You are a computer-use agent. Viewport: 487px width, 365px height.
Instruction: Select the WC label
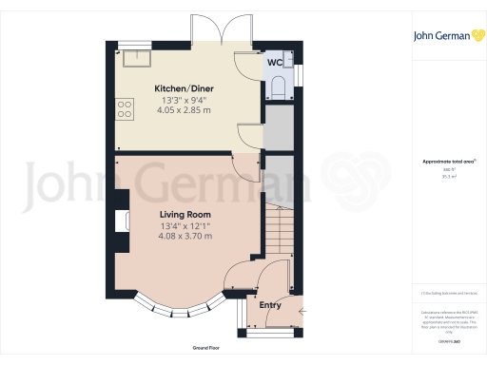point(274,63)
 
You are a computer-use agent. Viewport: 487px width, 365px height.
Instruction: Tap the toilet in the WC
point(277,88)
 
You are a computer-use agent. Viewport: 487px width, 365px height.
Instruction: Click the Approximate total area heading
point(442,162)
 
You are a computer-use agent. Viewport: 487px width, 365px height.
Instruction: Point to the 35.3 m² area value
point(443,176)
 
